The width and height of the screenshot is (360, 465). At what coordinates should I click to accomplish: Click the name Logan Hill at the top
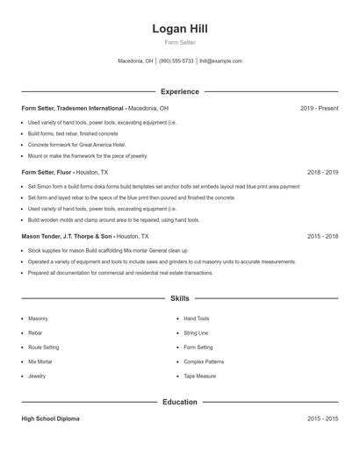[179, 29]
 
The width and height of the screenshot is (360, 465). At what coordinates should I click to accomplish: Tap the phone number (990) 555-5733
[176, 61]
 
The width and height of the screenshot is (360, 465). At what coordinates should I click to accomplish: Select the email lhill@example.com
[220, 61]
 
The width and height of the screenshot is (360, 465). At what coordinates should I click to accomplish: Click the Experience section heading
[180, 91]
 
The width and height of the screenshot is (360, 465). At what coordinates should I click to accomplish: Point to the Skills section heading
[180, 298]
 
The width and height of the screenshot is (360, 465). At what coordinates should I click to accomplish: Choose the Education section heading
[180, 402]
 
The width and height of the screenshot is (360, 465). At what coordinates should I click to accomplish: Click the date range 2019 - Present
[319, 108]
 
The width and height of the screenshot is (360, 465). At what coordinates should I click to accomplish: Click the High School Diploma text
[51, 419]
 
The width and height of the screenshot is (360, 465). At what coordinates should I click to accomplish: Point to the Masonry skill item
[38, 318]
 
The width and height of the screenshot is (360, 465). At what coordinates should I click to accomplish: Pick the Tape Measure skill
[199, 376]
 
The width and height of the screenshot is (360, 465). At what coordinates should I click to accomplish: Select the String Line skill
[196, 333]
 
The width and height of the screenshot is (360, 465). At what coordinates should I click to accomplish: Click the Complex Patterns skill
[204, 361]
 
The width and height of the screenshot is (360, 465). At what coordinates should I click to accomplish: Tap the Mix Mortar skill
[40, 361]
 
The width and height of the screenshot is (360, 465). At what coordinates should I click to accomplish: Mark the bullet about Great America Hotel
[77, 144]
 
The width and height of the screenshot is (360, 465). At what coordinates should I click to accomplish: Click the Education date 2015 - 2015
[322, 419]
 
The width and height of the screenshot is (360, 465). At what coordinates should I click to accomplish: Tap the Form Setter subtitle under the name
[179, 43]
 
